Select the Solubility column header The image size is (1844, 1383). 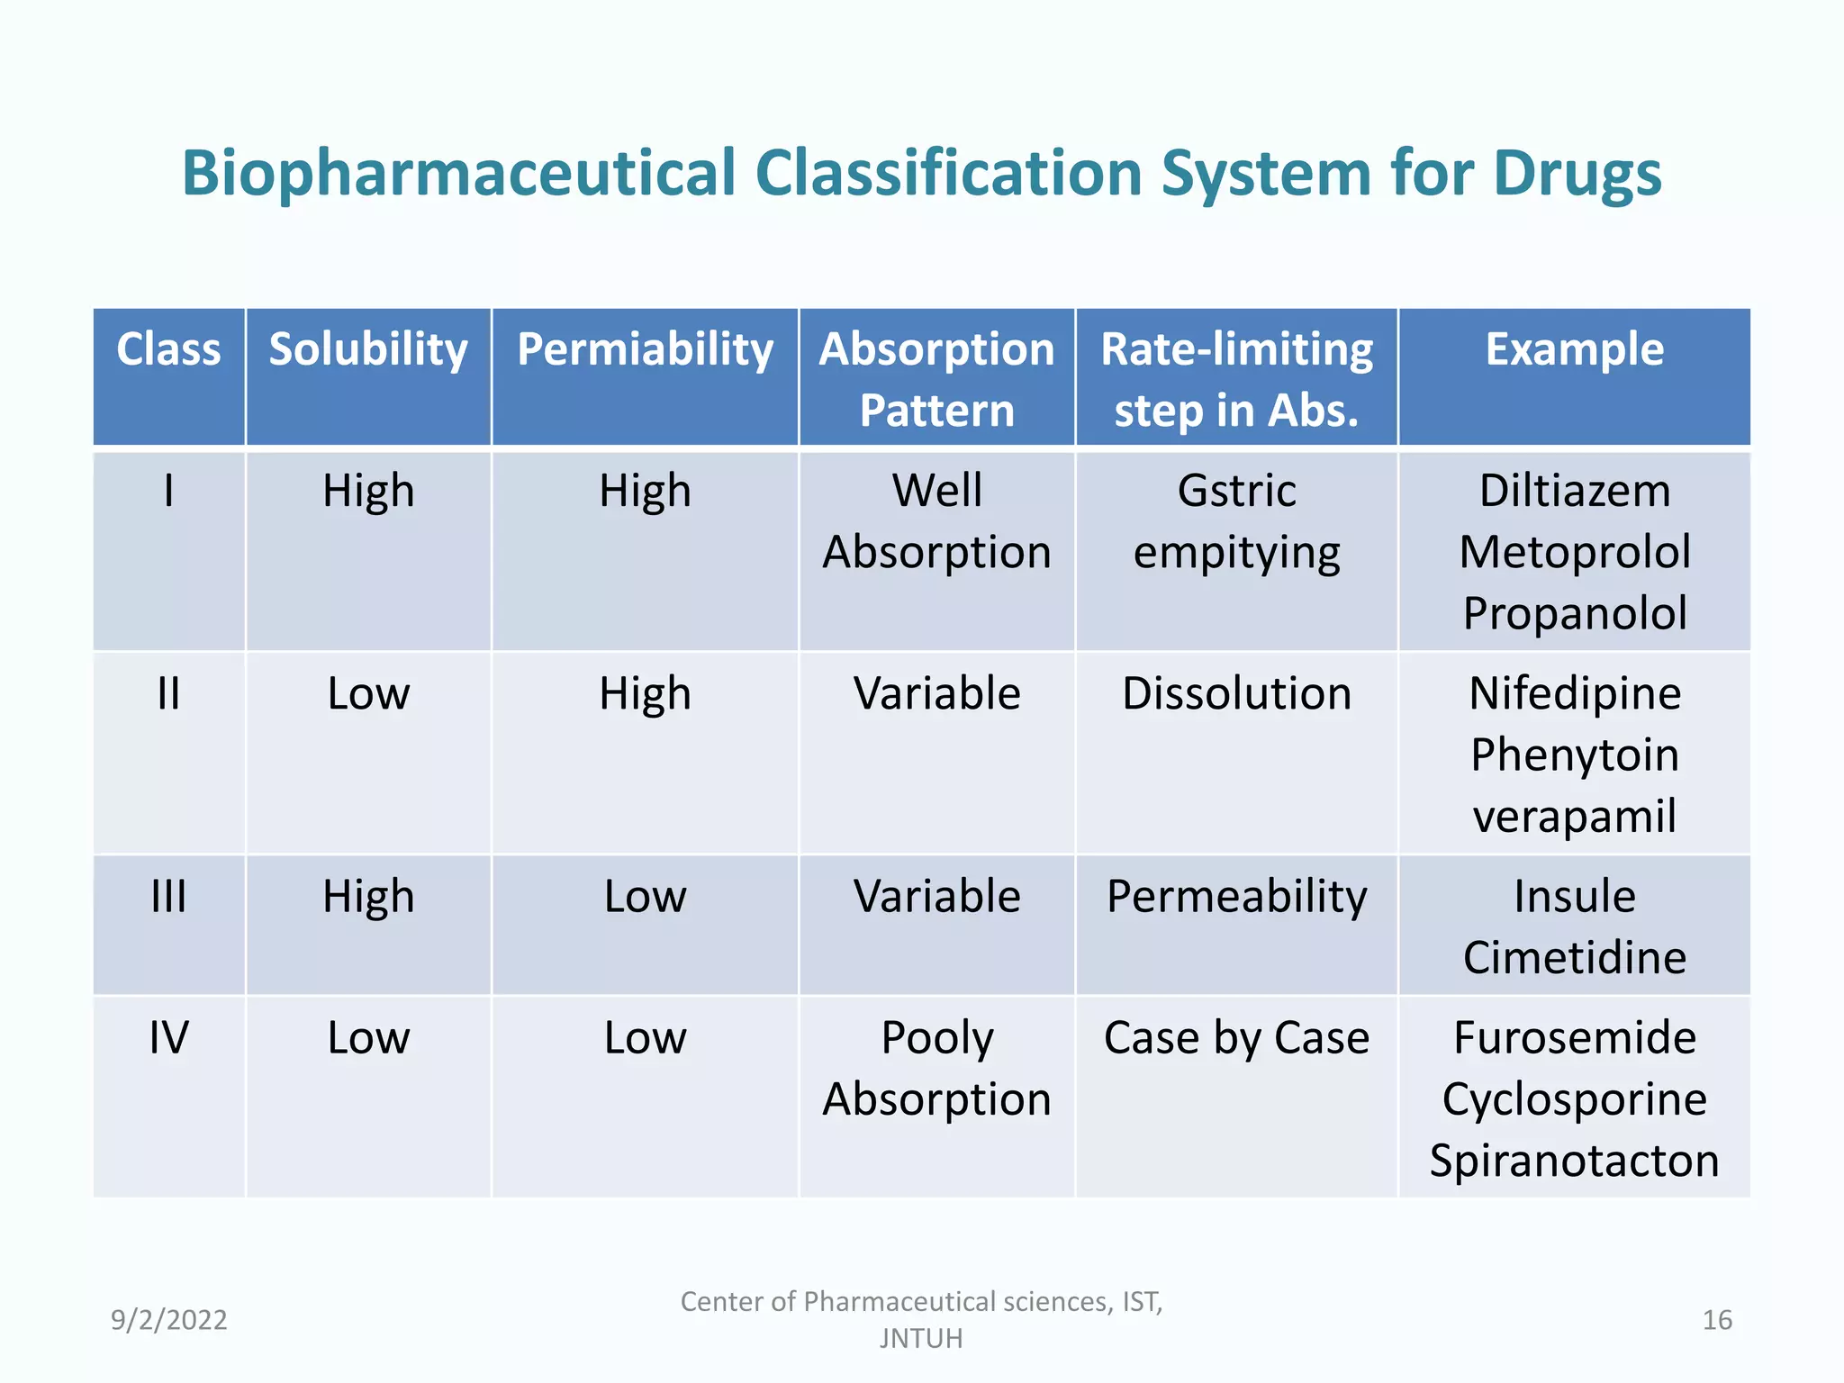tap(368, 349)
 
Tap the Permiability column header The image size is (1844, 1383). tap(645, 349)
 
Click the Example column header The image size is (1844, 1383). tap(1574, 349)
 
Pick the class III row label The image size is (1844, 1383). tap(168, 897)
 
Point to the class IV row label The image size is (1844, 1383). tap(168, 1038)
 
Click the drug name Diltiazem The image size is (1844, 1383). tap(1574, 492)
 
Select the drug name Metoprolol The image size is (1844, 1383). tap(1574, 552)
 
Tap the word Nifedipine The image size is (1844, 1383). tap(1574, 694)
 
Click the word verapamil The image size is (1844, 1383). tap(1574, 816)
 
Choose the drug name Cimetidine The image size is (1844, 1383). tap(1574, 957)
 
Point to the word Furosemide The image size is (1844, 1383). tap(1574, 1038)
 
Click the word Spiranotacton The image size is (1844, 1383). tap(1574, 1161)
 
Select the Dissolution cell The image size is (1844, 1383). tap(1236, 694)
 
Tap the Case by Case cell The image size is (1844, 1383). tap(1236, 1038)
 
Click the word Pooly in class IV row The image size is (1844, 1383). tap(936, 1038)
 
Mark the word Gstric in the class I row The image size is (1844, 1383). tap(1236, 492)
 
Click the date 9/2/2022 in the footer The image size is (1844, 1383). tap(168, 1320)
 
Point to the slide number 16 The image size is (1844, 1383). tap(1716, 1320)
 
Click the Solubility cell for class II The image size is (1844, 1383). tap(368, 694)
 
